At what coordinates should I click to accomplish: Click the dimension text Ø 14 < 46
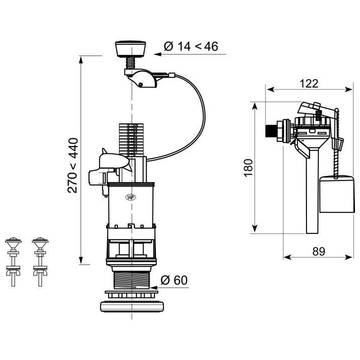190,46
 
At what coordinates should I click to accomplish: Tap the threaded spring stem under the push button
131,64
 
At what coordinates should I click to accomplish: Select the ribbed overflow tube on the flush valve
128,140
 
